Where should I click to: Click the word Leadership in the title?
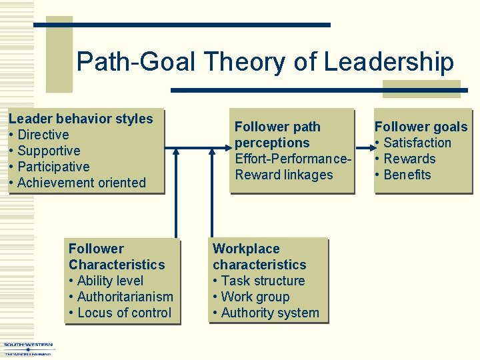(389, 62)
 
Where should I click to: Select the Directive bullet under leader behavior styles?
(43, 135)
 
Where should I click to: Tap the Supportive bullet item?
(49, 151)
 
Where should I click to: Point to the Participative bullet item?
(53, 167)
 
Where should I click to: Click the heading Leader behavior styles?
(81, 119)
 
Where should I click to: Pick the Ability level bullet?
(110, 281)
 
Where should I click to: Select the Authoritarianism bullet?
(125, 297)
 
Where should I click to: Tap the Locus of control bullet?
(124, 313)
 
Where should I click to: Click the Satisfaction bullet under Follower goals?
(417, 143)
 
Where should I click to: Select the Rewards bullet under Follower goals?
(409, 159)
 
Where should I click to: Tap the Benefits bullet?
(407, 175)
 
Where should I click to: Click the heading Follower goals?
(421, 127)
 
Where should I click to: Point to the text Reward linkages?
(283, 175)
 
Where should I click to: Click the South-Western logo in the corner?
(28, 349)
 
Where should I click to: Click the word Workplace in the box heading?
(246, 249)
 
